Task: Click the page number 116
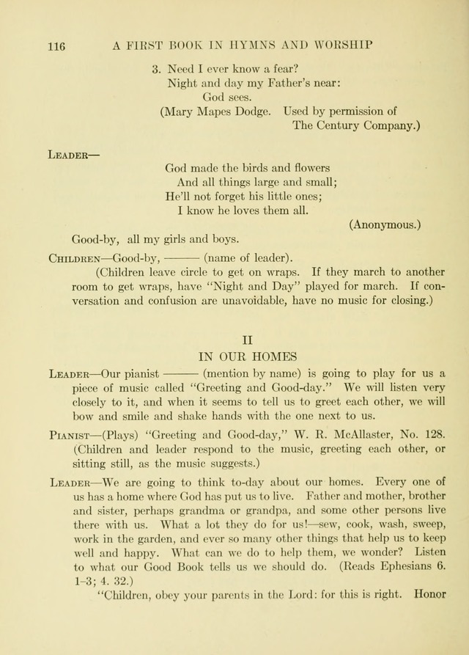click(56, 45)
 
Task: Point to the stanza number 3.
click(156, 69)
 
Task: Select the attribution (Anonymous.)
click(385, 224)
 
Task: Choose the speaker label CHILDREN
click(74, 258)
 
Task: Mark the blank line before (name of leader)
click(182, 258)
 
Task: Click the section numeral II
click(247, 340)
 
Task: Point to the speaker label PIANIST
click(71, 434)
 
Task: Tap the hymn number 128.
click(433, 433)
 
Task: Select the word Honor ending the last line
click(429, 595)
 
